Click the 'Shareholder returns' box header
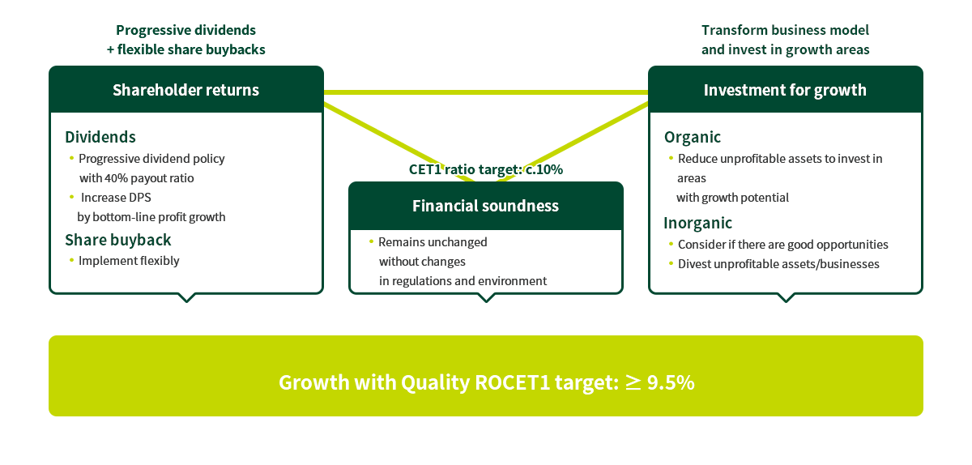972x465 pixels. point(186,89)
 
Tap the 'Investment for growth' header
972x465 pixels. point(786,89)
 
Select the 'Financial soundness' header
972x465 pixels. point(485,206)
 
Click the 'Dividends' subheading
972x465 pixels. point(100,137)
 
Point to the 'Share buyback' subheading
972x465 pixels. point(118,240)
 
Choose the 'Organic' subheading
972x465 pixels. point(692,137)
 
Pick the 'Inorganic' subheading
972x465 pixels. point(697,223)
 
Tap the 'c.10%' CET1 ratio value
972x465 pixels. point(544,169)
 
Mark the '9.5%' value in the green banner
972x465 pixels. point(671,382)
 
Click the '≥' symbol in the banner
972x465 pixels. point(633,382)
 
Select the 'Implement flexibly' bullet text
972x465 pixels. point(129,261)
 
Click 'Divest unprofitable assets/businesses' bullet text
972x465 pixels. point(778,264)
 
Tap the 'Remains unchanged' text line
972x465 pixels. point(433,242)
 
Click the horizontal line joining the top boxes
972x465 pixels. point(486,92)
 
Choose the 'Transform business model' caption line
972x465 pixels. point(786,30)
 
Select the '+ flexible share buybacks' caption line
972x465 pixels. point(186,49)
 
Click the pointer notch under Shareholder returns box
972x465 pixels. point(186,298)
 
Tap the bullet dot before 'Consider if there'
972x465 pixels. point(671,244)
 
